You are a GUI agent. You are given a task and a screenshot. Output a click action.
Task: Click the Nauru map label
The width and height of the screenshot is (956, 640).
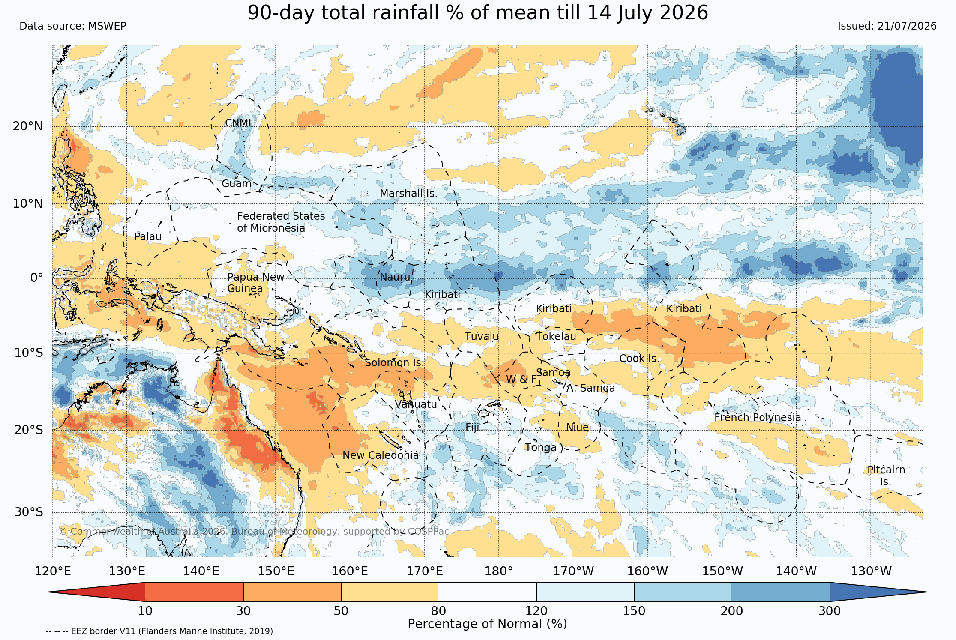pos(395,277)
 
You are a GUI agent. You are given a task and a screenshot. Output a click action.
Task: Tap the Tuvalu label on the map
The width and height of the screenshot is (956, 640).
pos(482,337)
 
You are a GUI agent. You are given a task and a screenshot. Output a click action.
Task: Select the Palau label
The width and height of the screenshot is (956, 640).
pos(148,237)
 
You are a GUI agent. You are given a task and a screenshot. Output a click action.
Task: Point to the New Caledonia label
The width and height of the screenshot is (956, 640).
pos(381,455)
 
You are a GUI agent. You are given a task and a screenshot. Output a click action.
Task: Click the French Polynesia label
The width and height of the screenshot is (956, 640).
pos(758,418)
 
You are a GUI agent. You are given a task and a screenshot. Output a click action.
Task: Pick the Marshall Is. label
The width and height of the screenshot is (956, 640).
pos(408,194)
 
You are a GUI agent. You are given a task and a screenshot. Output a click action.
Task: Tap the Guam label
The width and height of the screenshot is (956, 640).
pos(237,184)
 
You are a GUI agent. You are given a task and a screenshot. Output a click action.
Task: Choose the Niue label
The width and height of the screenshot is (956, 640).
pos(577,428)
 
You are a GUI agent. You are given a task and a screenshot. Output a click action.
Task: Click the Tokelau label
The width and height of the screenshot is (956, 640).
pos(556,337)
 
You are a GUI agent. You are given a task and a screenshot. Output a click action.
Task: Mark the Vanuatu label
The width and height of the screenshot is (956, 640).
pos(416,404)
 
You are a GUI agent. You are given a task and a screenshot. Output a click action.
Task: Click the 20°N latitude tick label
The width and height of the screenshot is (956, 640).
pos(28,126)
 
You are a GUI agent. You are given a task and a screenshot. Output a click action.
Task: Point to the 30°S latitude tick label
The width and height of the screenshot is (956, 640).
pos(29,512)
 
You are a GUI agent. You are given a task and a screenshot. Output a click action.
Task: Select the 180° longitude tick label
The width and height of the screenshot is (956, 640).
pos(499,571)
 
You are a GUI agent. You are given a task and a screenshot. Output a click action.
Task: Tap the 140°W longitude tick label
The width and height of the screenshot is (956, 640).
pos(797,571)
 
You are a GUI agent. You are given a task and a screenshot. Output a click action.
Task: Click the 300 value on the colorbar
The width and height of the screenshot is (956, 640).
pos(830,611)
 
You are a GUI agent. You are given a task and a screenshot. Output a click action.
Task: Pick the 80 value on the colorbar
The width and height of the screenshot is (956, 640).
pos(439,611)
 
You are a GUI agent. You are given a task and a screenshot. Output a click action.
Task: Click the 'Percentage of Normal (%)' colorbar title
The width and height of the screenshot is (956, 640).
pos(487,624)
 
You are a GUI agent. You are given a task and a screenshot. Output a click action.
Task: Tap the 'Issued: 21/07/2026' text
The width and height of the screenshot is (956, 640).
pos(887,26)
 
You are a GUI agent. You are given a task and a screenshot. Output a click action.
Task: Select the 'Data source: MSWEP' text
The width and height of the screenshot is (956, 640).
pos(73,26)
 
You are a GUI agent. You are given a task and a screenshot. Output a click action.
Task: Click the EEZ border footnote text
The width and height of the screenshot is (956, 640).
pos(159,631)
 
